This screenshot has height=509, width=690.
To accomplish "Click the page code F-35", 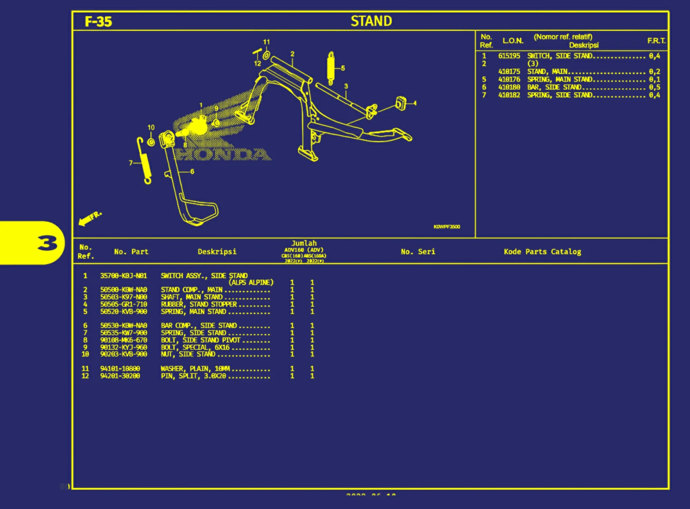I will (98, 22).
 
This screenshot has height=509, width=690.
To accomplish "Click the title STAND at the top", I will (371, 21).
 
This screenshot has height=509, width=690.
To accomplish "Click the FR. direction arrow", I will (89, 218).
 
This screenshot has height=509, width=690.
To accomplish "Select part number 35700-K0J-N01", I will (123, 276).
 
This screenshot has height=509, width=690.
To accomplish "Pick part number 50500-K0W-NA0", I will (123, 290).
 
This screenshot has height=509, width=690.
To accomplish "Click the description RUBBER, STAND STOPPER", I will (199, 304).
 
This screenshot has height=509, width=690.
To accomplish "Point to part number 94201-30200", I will (120, 376).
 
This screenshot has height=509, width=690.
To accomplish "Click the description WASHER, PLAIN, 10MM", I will (195, 369).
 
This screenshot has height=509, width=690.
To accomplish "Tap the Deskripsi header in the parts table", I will (217, 252).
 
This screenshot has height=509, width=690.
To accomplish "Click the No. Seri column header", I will (418, 252).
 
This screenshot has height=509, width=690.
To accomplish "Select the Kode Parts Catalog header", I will (542, 252).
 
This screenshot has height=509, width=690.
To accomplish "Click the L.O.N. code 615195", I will (509, 56).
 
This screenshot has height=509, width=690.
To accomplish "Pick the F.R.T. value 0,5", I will (654, 87).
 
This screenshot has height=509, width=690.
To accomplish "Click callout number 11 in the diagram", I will (266, 42).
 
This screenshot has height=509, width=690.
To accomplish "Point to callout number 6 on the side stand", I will (192, 172).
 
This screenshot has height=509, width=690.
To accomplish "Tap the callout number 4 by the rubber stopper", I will (415, 103).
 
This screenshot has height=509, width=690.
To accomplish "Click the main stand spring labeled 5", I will (331, 68).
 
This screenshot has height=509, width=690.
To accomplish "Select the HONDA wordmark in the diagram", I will (224, 154).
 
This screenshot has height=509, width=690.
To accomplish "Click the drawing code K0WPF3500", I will (447, 227).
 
